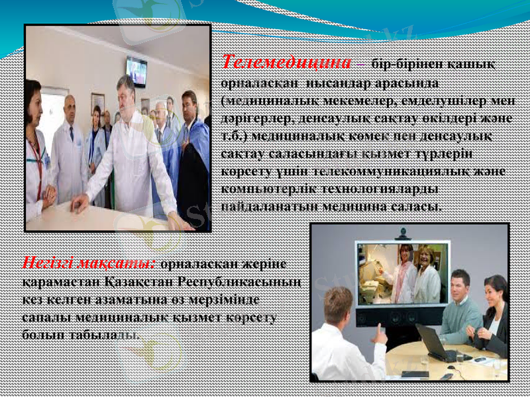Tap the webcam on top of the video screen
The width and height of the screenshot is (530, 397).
tap(403, 234)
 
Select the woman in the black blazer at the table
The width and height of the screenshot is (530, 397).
tap(492, 314)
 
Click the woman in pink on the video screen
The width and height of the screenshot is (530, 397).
tap(403, 272)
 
